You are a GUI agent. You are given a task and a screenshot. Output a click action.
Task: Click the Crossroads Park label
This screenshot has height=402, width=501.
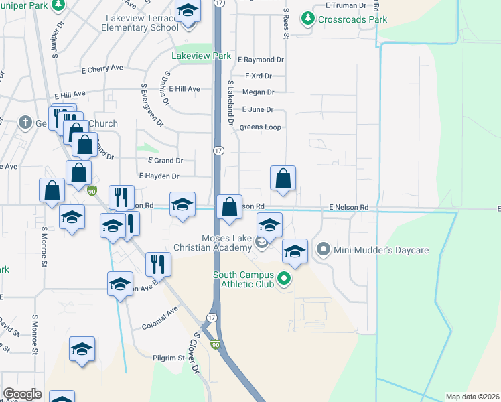[353, 19]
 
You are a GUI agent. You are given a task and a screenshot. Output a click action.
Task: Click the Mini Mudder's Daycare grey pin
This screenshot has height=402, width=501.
[324, 251]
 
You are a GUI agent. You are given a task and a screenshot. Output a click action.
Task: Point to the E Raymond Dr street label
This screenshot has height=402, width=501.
[261, 60]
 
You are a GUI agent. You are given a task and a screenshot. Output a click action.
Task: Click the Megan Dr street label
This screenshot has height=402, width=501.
[259, 92]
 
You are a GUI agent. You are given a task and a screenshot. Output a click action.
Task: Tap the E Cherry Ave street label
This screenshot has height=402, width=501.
[102, 68]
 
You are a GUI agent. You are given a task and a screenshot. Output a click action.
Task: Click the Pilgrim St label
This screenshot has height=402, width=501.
[167, 358]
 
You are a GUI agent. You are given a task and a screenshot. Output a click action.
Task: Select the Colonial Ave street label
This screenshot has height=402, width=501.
[159, 326]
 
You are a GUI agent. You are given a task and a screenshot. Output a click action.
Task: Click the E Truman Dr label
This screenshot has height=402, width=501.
[346, 5]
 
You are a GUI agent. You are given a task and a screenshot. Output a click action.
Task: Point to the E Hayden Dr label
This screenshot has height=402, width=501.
[159, 176]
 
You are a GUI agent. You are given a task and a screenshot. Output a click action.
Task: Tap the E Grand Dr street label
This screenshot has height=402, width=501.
[165, 161]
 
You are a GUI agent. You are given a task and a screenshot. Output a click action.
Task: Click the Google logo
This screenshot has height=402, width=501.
[22, 394]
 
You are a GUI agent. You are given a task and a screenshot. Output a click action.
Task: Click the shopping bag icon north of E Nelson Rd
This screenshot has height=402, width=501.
[283, 178]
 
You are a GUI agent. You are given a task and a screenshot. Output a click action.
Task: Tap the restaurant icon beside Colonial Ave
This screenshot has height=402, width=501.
[158, 264]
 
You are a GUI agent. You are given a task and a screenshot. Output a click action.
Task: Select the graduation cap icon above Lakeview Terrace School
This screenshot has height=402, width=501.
[188, 11]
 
